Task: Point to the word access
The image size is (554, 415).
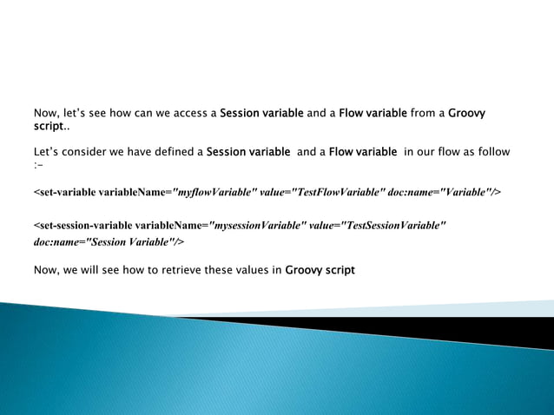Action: pyautogui.click(x=196, y=113)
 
